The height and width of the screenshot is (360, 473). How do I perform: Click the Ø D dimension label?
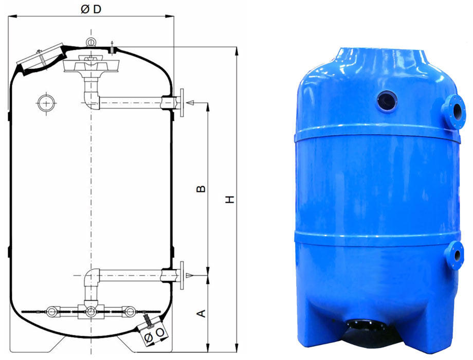tap(91, 9)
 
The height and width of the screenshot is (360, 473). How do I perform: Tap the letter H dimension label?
tap(230, 199)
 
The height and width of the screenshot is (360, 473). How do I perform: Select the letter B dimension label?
tap(201, 189)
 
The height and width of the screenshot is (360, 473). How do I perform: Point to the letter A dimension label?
tap(201, 314)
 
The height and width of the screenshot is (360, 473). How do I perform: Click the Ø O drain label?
tap(154, 335)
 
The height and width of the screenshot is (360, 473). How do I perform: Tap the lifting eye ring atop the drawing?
tap(90, 42)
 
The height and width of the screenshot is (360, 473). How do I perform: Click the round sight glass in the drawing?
tap(46, 103)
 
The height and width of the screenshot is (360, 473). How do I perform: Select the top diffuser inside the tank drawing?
tap(91, 64)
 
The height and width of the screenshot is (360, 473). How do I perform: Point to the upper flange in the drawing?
tap(181, 102)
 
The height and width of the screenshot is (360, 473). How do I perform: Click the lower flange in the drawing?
tap(181, 275)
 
